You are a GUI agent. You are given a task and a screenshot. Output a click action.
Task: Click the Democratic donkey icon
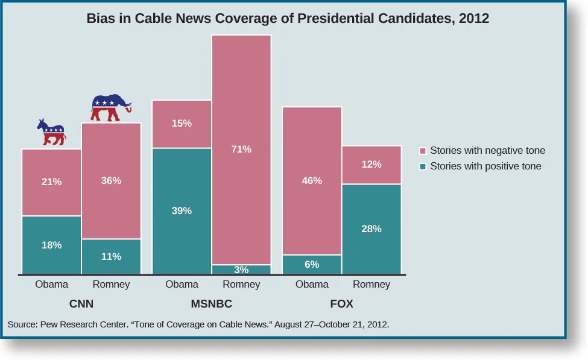tap(51, 132)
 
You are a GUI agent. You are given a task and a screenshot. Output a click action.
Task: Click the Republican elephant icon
tap(110, 108)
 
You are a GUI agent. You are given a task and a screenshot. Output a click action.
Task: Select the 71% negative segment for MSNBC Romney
tap(241, 150)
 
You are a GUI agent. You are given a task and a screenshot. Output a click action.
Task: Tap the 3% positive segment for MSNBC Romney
tap(241, 270)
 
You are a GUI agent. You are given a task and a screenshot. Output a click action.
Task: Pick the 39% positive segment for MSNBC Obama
tap(182, 211)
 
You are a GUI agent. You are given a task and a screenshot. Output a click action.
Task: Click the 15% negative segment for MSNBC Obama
tap(182, 124)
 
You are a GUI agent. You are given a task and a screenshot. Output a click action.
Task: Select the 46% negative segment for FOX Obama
tap(312, 180)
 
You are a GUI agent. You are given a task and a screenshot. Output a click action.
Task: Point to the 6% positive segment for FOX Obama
tap(312, 265)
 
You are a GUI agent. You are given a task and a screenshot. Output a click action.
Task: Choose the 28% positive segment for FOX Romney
tap(371, 229)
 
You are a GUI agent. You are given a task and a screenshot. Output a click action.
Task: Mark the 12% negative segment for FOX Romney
tap(371, 165)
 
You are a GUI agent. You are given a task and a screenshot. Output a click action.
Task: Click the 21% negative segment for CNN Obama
tap(51, 182)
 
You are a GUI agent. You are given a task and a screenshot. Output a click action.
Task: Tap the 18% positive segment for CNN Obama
tap(51, 245)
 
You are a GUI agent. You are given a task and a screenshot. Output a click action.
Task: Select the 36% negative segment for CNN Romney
tap(111, 180)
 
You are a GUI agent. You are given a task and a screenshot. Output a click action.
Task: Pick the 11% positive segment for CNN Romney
tap(111, 256)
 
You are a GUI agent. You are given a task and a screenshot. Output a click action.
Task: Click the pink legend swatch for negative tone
tap(423, 151)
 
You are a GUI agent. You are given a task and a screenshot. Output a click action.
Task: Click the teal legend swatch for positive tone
tap(423, 166)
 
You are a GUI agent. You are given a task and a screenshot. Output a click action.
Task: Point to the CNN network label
tap(81, 304)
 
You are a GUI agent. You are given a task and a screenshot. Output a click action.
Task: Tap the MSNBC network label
tap(211, 304)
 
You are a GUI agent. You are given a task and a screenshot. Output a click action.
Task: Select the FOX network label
tap(341, 304)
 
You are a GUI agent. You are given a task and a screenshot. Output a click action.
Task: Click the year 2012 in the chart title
tap(474, 19)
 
